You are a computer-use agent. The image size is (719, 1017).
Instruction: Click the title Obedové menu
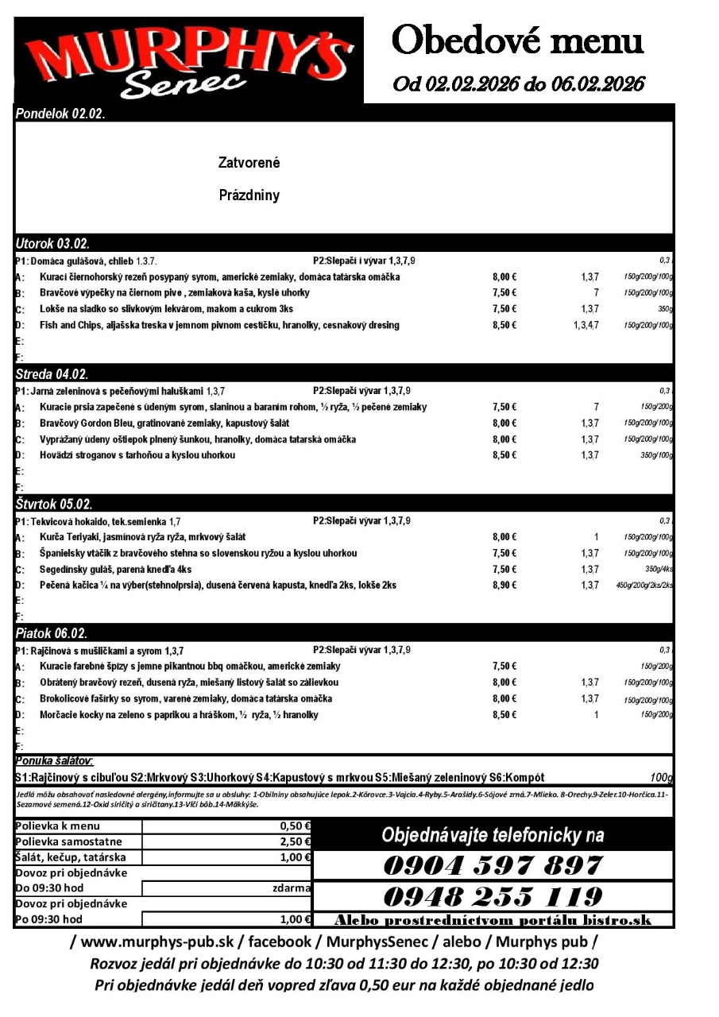click(x=517, y=40)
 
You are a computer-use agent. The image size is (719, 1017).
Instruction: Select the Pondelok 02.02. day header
click(x=60, y=114)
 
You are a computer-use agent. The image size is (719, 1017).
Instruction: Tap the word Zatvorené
click(x=249, y=163)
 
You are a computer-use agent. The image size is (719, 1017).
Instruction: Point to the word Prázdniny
click(x=249, y=195)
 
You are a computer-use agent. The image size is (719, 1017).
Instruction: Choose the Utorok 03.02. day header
click(x=52, y=244)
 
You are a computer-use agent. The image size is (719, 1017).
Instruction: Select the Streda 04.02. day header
click(x=52, y=374)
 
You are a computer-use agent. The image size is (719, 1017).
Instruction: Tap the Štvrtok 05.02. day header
click(x=54, y=505)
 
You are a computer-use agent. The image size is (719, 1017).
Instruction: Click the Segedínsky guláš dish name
click(x=115, y=570)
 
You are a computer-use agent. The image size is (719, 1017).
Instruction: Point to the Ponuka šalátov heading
click(x=54, y=761)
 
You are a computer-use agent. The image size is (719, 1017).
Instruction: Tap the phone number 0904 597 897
click(x=493, y=865)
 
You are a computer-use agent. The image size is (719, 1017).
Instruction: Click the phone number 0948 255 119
click(x=493, y=897)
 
